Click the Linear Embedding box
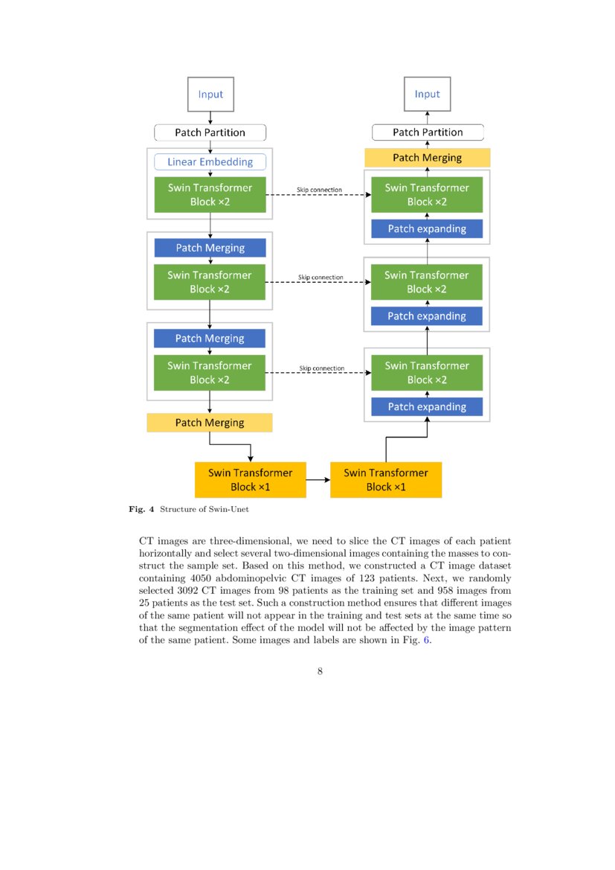[x=210, y=161]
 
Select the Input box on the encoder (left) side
[x=210, y=95]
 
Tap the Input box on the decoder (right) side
[x=427, y=95]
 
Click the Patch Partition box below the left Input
[x=210, y=132]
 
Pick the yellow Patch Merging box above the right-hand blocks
[x=427, y=158]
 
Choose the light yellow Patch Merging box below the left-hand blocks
[x=210, y=423]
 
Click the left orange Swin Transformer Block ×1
[x=250, y=480]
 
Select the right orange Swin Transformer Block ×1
[x=385, y=480]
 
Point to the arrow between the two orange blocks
[x=318, y=480]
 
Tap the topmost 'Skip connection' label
[x=320, y=190]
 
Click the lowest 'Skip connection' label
[x=321, y=368]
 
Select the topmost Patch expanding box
[x=427, y=228]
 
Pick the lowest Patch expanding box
[x=427, y=407]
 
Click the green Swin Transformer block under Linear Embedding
[x=210, y=195]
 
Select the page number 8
[x=320, y=671]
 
